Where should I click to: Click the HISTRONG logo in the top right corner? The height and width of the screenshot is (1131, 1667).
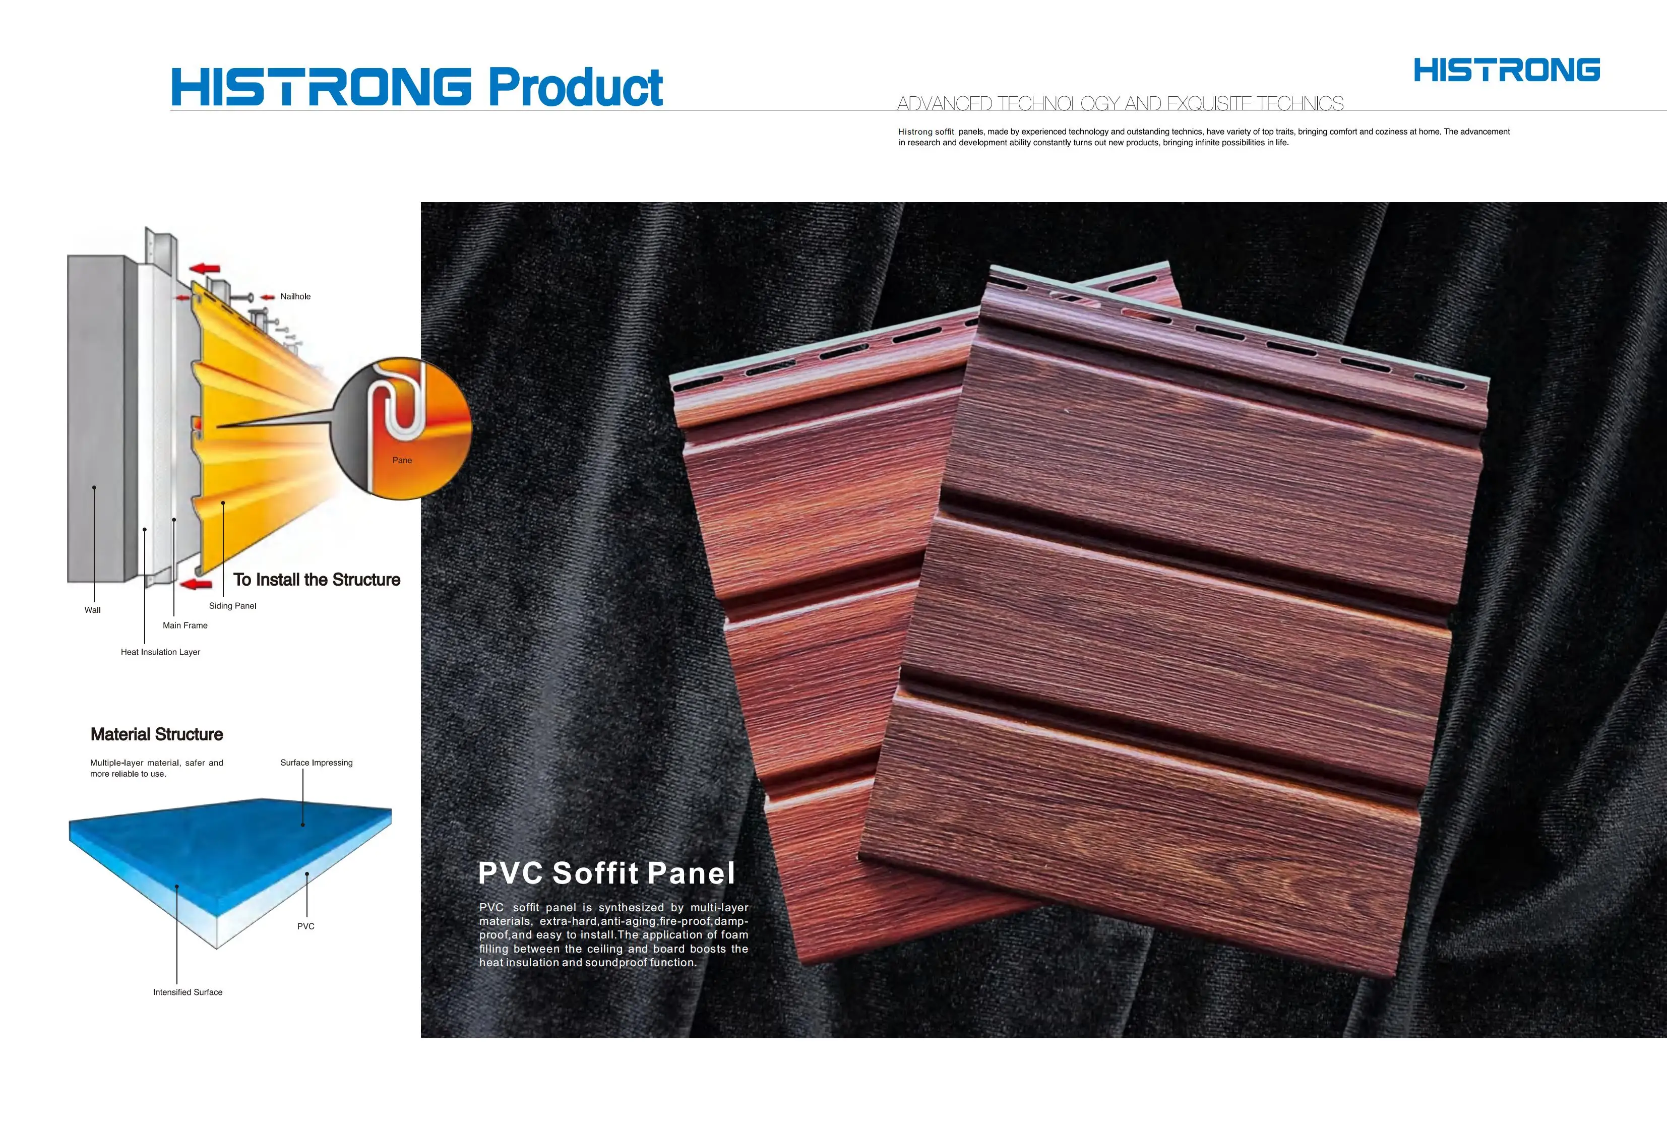pyautogui.click(x=1506, y=70)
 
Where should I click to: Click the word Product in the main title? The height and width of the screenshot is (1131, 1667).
pyautogui.click(x=575, y=88)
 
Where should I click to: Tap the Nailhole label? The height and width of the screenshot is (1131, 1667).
pyautogui.click(x=295, y=296)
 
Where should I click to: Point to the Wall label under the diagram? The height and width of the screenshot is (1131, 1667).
pyautogui.click(x=93, y=610)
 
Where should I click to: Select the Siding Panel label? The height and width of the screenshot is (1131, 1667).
pyautogui.click(x=232, y=605)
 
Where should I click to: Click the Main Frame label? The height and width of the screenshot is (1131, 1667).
pyautogui.click(x=185, y=625)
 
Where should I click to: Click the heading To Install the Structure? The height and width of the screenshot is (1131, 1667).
pyautogui.click(x=317, y=580)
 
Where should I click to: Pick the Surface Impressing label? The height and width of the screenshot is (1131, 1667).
pyautogui.click(x=317, y=763)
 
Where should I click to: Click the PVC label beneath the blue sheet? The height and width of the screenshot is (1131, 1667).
pyautogui.click(x=305, y=926)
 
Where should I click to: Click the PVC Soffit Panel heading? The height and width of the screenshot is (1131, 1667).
pyautogui.click(x=606, y=873)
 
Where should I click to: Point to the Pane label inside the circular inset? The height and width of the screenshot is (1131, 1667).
pyautogui.click(x=402, y=460)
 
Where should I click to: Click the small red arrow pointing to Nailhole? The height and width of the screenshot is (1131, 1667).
pyautogui.click(x=268, y=297)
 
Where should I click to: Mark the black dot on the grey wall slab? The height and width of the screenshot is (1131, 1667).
pyautogui.click(x=94, y=488)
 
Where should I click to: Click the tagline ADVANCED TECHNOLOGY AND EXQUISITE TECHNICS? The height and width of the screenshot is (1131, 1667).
pyautogui.click(x=1120, y=103)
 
